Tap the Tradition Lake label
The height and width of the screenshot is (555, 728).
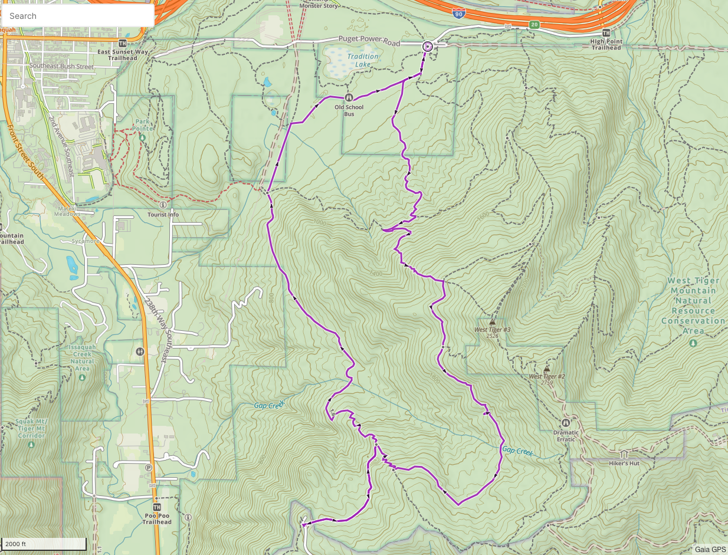coord(363,61)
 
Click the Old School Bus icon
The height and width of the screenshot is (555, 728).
coord(349,98)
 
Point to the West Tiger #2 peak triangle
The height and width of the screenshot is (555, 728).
coord(546,368)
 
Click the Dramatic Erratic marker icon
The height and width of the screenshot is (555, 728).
coord(566,423)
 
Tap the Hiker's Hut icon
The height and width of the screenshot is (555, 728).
coord(624,454)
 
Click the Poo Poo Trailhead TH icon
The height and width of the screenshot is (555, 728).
coord(157,507)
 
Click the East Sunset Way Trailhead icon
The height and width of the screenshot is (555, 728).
coord(122,43)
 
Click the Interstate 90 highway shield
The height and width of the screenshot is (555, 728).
coord(458,12)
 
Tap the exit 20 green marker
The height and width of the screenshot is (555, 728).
coord(534,24)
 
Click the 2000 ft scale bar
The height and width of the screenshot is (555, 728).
coord(44,544)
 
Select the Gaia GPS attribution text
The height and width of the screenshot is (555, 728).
coord(710,549)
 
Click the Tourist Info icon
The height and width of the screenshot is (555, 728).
coord(163,205)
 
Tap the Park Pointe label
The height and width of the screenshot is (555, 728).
coord(142,124)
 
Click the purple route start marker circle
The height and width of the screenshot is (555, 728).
coord(427,46)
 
